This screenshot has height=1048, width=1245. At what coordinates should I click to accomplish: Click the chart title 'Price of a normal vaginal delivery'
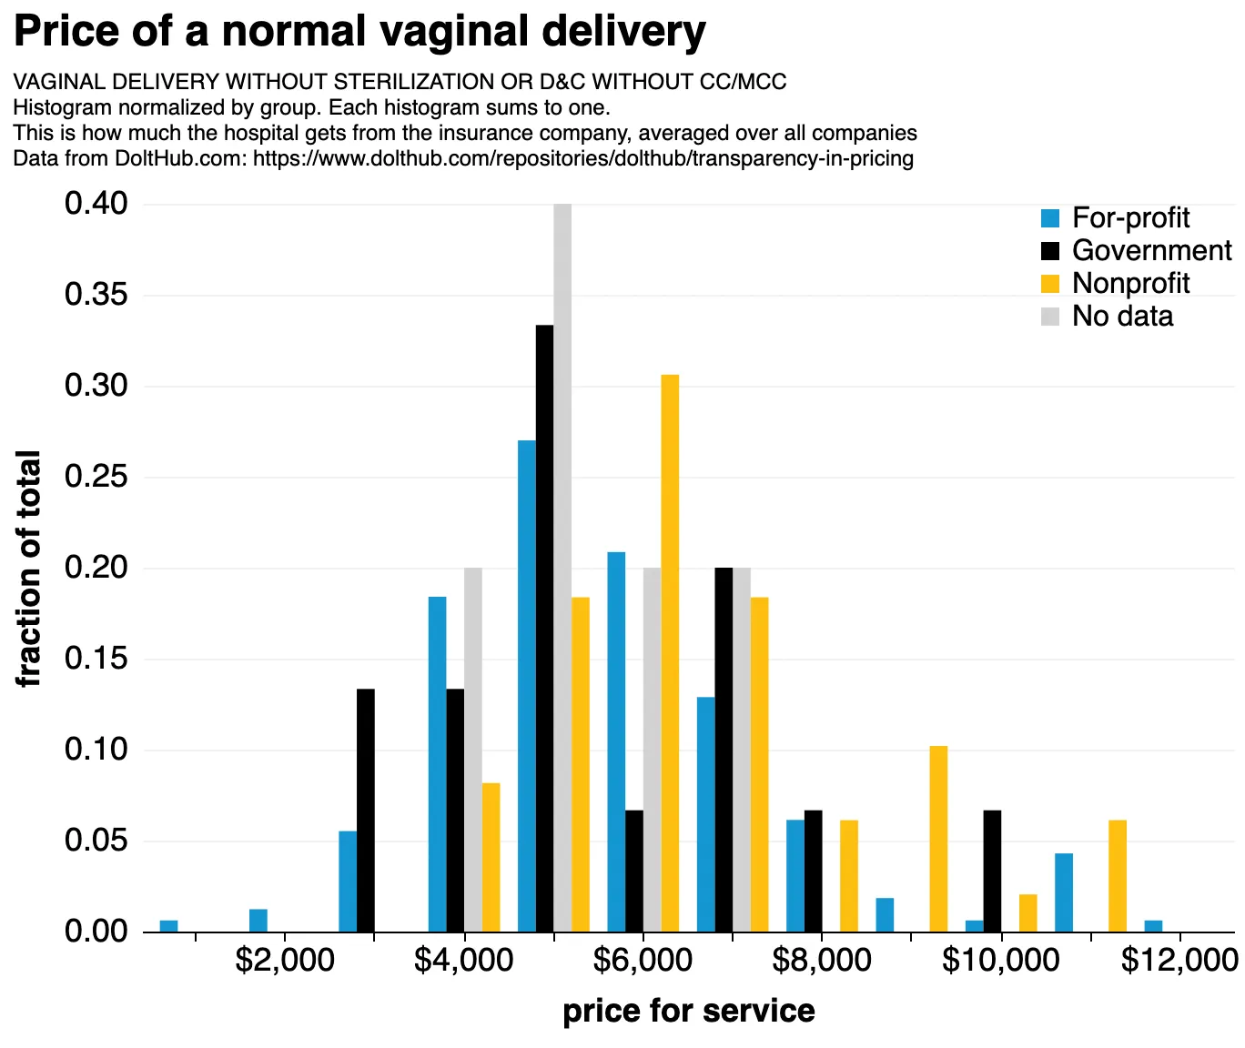pyautogui.click(x=359, y=32)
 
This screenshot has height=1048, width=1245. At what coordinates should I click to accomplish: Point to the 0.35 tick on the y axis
pyautogui.click(x=96, y=296)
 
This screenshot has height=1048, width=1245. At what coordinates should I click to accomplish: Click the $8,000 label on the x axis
pyautogui.click(x=821, y=961)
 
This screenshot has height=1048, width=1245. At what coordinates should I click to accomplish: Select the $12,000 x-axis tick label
pyautogui.click(x=1179, y=961)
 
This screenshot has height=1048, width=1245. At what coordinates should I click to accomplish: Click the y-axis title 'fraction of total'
pyautogui.click(x=29, y=569)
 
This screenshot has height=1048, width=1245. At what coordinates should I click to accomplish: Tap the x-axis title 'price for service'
pyautogui.click(x=689, y=1011)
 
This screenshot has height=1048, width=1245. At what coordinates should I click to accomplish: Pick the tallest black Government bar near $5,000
pyautogui.click(x=544, y=628)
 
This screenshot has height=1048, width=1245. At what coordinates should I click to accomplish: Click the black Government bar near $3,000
pyautogui.click(x=366, y=811)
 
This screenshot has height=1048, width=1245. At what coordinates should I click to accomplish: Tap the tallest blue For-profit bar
pyautogui.click(x=527, y=686)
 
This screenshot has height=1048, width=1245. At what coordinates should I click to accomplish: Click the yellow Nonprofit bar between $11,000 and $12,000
pyautogui.click(x=1118, y=876)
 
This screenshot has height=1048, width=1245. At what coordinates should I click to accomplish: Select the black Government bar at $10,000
pyautogui.click(x=992, y=871)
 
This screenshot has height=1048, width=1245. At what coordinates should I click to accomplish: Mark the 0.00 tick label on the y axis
pyautogui.click(x=96, y=932)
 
